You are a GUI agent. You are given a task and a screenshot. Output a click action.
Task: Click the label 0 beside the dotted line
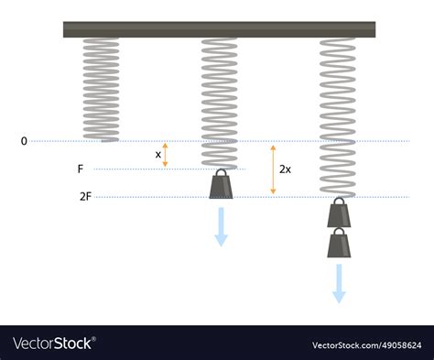pos(24,141)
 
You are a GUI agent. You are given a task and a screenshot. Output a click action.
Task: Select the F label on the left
pos(81,169)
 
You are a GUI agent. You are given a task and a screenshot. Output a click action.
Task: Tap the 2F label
pos(85,197)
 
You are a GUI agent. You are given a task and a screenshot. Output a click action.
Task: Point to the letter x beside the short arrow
pos(157,155)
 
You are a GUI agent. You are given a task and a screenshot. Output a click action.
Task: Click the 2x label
pos(285,169)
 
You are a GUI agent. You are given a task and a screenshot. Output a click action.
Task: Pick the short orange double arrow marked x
pos(165,155)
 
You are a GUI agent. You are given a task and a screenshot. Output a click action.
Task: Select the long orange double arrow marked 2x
pos(273,169)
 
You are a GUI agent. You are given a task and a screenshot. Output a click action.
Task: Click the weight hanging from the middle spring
pos(221,184)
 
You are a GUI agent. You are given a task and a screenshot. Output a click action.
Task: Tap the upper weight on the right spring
pos(339,213)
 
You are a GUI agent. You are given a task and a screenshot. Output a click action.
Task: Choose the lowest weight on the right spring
pos(339,243)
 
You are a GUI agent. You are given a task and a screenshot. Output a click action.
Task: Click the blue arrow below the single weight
pos(221,227)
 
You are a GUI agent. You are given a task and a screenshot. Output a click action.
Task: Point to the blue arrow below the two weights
pos(339,284)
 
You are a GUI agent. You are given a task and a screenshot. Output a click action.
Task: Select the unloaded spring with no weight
pos(101,90)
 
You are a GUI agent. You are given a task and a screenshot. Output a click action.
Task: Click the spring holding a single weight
pos(219,104)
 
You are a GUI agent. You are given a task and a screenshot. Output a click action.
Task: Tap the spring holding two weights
pos(338,117)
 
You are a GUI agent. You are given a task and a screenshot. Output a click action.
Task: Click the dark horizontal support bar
pos(219,29)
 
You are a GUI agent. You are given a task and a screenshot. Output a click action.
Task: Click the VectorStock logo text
pos(52,344)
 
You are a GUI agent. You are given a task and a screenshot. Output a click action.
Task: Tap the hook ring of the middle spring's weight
pos(221,173)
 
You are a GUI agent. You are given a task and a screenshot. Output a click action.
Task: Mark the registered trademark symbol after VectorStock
pos(93,339)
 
